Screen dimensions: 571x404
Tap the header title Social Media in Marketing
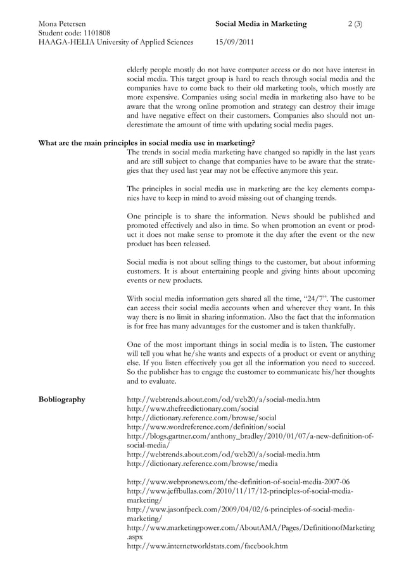point(261,24)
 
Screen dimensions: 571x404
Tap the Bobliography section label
point(62,399)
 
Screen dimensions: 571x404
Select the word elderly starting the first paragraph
point(139,69)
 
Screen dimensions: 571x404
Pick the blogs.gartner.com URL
point(250,436)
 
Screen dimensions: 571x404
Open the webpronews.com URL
point(238,482)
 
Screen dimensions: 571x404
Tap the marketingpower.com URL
point(251,527)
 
